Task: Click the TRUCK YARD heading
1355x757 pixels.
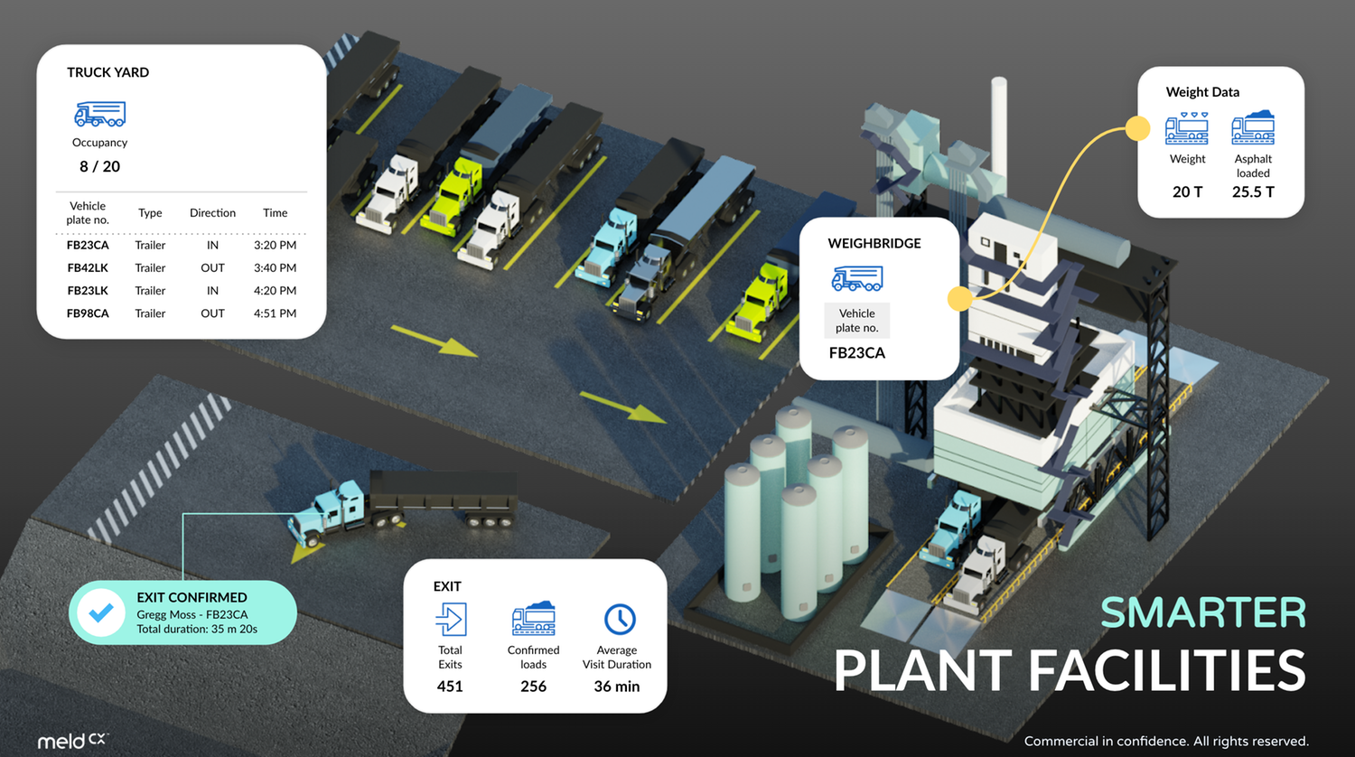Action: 107,72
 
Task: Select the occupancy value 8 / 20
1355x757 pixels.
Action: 99,166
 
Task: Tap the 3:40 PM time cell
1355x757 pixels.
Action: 275,267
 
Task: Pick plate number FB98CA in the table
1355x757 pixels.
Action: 88,313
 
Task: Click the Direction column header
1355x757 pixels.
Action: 212,213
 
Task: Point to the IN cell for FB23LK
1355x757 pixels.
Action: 212,291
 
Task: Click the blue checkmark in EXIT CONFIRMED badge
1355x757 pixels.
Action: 101,612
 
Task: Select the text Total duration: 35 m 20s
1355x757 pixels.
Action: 197,629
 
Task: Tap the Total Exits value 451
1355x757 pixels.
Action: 450,687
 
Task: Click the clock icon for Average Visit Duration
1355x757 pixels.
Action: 620,620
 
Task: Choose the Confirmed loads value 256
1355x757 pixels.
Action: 533,687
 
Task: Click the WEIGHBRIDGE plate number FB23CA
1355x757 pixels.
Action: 856,353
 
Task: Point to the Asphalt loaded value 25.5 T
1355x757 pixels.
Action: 1253,192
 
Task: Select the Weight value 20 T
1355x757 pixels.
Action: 1187,192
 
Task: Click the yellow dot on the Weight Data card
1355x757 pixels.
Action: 1137,129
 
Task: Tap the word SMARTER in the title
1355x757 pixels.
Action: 1203,613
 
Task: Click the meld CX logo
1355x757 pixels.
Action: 71,740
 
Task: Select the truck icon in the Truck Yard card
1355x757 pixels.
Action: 99,114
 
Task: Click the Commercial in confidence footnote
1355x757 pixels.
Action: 1165,741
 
